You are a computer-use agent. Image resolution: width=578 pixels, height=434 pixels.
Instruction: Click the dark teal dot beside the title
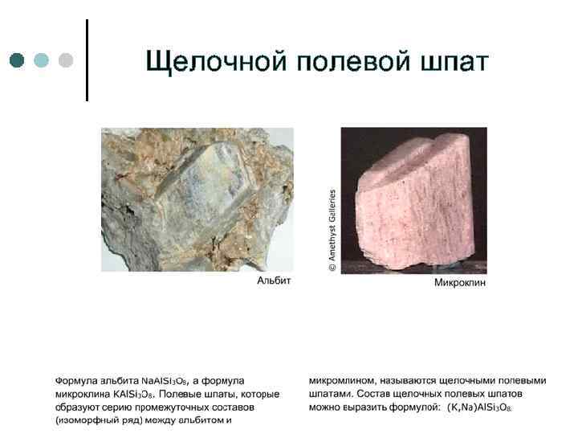[17, 60]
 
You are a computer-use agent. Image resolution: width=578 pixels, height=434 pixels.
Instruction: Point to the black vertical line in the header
[86, 60]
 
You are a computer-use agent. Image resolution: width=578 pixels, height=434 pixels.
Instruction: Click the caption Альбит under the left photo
[273, 282]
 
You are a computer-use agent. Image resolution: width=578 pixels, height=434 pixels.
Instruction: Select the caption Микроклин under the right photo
[460, 283]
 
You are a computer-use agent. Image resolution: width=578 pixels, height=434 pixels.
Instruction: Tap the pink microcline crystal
[409, 201]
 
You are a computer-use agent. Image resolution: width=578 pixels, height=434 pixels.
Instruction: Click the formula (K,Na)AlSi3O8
[479, 407]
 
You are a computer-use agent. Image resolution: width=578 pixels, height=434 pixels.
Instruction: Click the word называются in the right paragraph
[401, 380]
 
